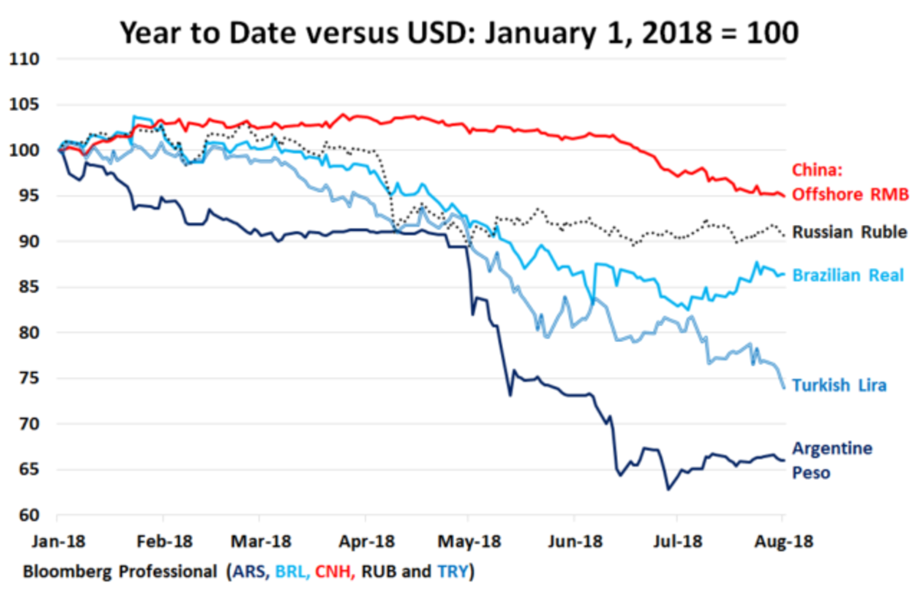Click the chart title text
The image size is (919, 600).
click(459, 31)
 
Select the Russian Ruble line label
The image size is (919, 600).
click(849, 232)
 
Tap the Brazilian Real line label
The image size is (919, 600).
click(849, 276)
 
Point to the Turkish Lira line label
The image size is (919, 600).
click(839, 385)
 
